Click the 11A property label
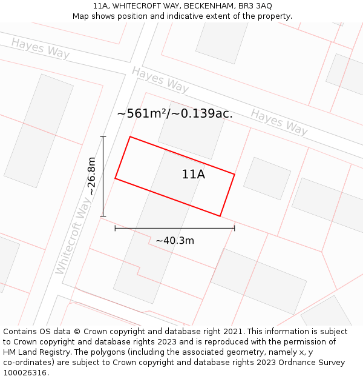(193, 175)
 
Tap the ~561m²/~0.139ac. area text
(175, 113)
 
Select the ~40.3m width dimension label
(174, 241)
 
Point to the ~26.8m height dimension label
(91, 176)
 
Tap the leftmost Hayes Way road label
(40, 48)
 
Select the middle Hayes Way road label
(160, 79)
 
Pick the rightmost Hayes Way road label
(279, 121)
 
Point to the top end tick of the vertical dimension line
(103, 136)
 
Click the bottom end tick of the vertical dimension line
(103, 216)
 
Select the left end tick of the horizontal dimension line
(115, 228)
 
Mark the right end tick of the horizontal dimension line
(234, 228)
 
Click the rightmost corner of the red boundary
(234, 175)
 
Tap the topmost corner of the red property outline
(130, 137)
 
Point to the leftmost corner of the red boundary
(115, 178)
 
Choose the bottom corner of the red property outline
(220, 216)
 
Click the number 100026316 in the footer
(25, 372)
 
